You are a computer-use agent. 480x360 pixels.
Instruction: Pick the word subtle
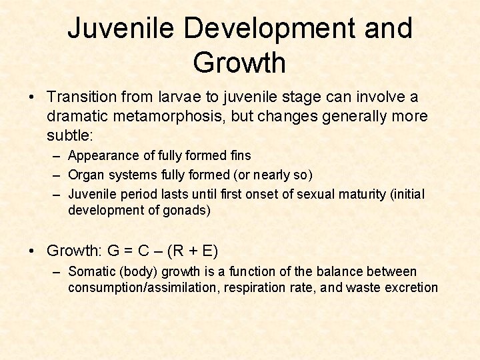click(x=69, y=136)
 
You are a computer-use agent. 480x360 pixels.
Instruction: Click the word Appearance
click(x=103, y=155)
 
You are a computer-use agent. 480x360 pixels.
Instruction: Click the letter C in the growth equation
click(x=143, y=251)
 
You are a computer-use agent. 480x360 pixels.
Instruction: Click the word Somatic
click(x=92, y=272)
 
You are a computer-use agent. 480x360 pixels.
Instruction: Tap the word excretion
click(x=412, y=288)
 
